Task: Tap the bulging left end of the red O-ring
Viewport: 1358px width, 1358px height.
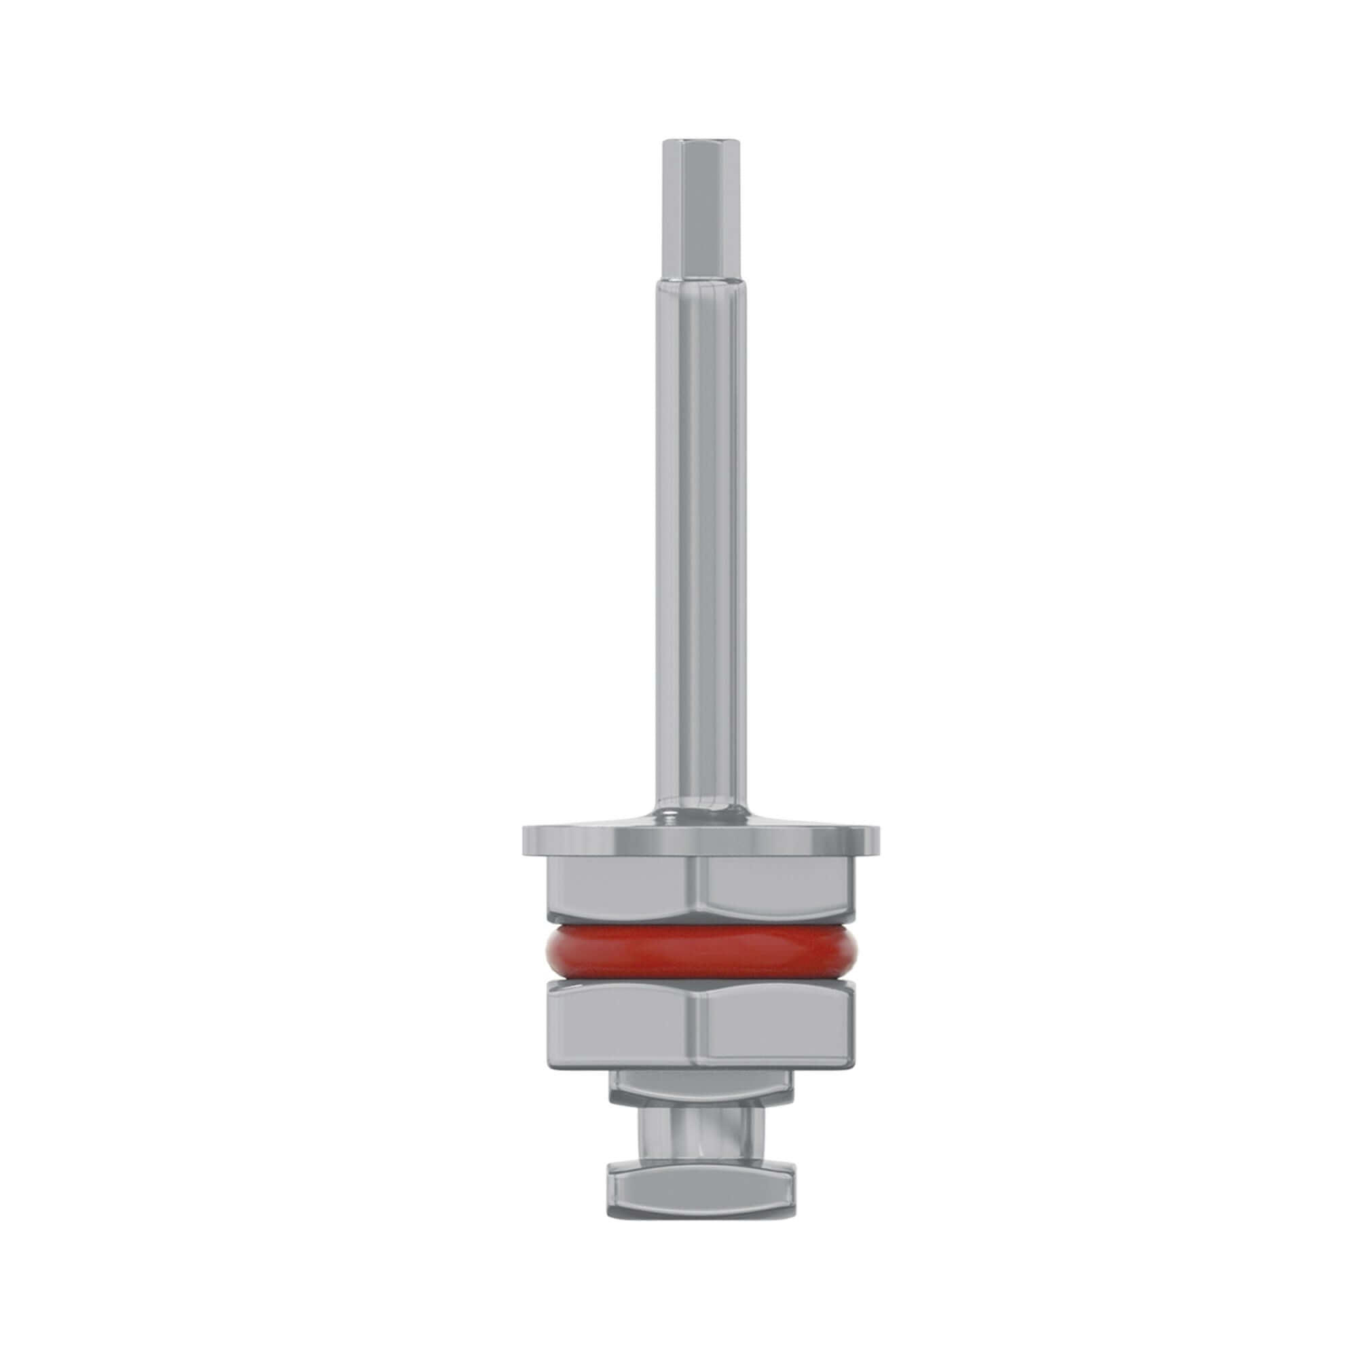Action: pos(547,952)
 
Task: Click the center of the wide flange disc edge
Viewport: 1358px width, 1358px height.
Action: pos(699,841)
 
